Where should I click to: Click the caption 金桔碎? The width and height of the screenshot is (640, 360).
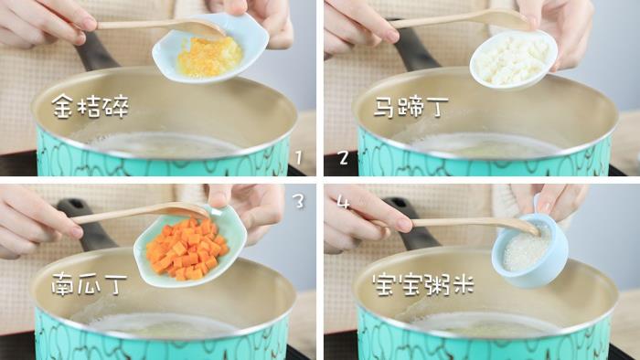(91, 106)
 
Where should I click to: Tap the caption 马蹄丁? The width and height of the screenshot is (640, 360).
(411, 107)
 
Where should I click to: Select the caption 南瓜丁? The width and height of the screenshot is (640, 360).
(90, 284)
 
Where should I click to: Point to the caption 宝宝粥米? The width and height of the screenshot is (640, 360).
(423, 284)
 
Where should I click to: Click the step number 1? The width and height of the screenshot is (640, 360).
(299, 157)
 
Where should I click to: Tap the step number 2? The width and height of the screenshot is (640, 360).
(343, 158)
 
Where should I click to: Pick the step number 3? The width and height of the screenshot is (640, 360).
(299, 201)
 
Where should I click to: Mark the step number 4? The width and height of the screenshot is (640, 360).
(343, 202)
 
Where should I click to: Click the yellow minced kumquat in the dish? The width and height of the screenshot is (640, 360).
(210, 57)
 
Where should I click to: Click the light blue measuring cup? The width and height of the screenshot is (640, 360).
(529, 249)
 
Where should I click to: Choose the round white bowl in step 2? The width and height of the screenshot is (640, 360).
(514, 59)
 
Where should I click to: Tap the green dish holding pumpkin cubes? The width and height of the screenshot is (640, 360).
(190, 247)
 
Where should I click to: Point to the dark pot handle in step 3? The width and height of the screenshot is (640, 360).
(89, 227)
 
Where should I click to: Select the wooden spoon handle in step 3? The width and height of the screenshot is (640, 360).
(123, 215)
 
